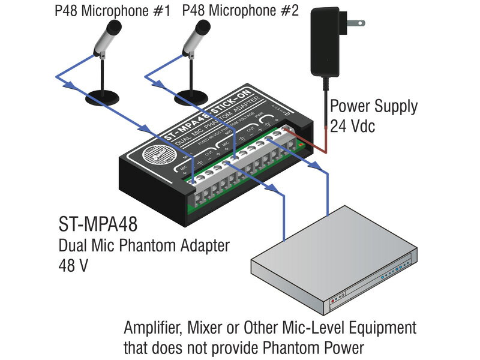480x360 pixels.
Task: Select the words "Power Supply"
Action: pyautogui.click(x=374, y=107)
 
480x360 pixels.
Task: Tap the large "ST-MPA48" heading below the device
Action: pyautogui.click(x=98, y=226)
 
